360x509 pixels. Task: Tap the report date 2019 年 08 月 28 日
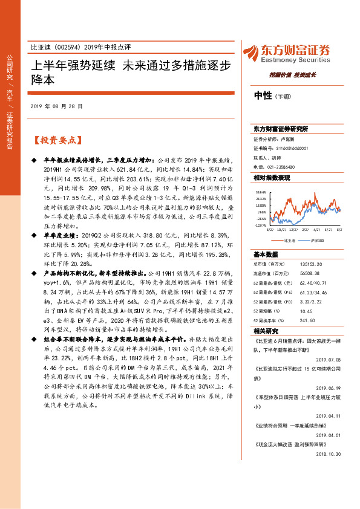[x=56, y=106]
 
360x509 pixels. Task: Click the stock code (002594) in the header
[x=65, y=47]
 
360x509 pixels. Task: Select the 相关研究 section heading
[x=265, y=332]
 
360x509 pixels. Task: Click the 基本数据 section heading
[x=265, y=254]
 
